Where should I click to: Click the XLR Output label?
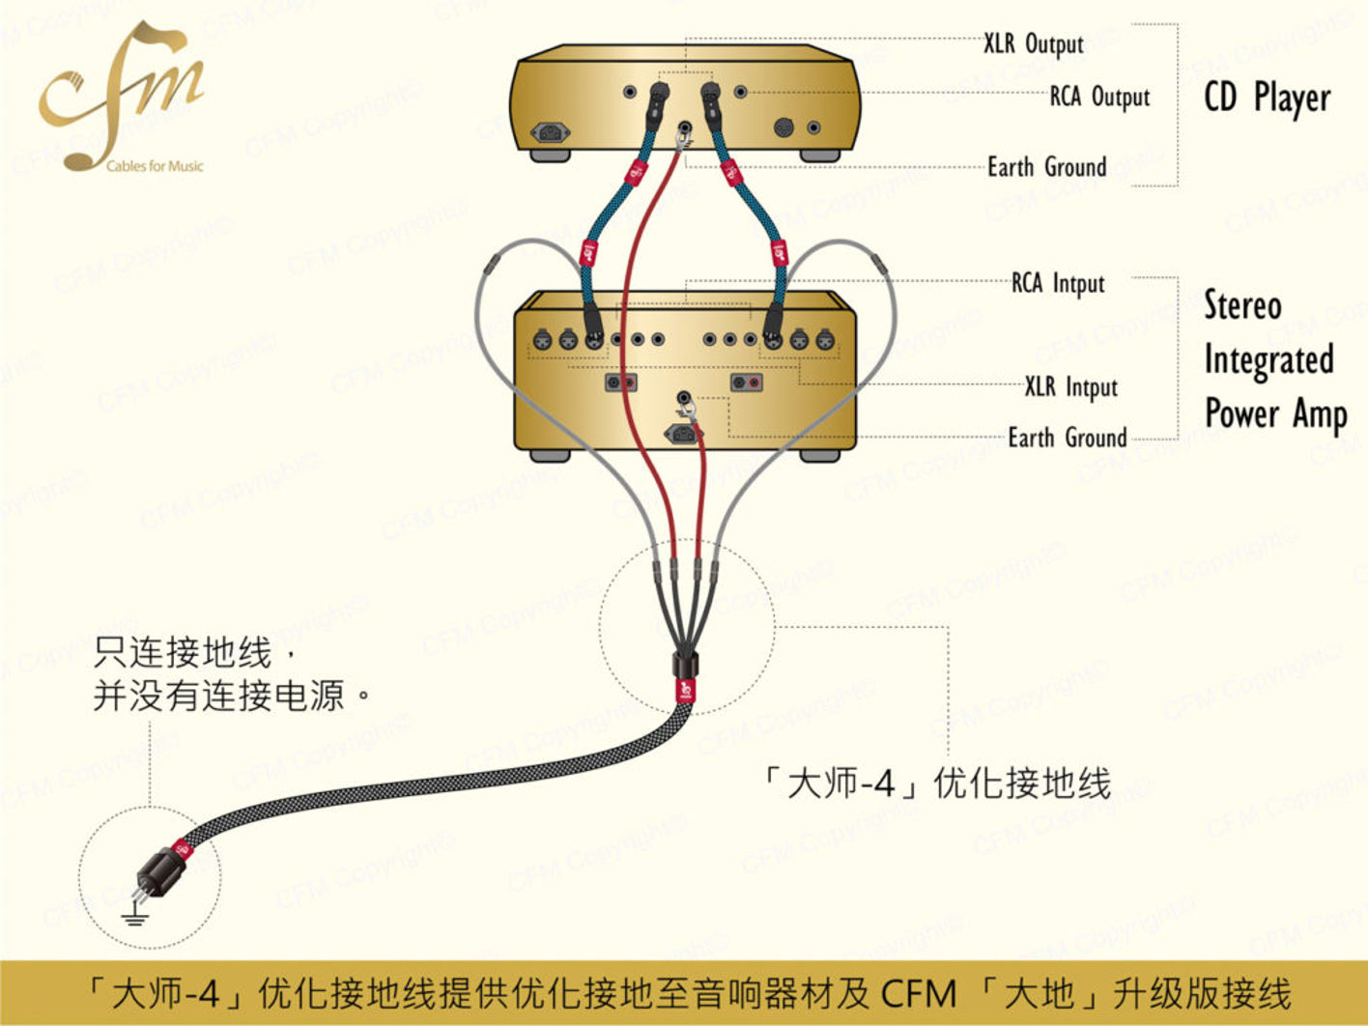pyautogui.click(x=1034, y=44)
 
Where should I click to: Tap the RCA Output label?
pyautogui.click(x=1099, y=98)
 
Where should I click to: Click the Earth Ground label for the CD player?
pyautogui.click(x=1047, y=167)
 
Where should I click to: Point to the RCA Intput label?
pyautogui.click(x=1058, y=283)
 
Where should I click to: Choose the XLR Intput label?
pyautogui.click(x=1071, y=386)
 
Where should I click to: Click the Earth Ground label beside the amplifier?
pyautogui.click(x=1068, y=438)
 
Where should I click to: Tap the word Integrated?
pyautogui.click(x=1268, y=360)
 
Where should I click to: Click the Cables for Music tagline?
pyautogui.click(x=155, y=166)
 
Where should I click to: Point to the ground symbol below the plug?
pyautogui.click(x=135, y=915)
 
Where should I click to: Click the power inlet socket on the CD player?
pyautogui.click(x=551, y=132)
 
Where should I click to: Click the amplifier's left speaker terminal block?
pyautogui.click(x=621, y=382)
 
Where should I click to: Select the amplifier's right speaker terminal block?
pyautogui.click(x=746, y=382)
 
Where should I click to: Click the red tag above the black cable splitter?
pyautogui.click(x=686, y=690)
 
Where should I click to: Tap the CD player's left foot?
pyautogui.click(x=551, y=156)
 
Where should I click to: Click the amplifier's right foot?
pyautogui.click(x=819, y=455)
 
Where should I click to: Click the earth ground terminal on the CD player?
pyautogui.click(x=686, y=129)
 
